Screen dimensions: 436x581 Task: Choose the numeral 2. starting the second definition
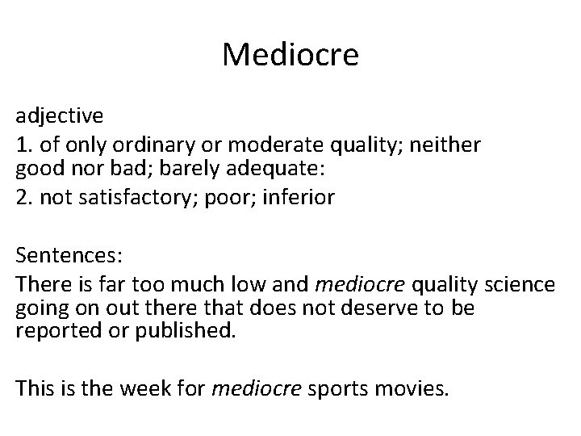tap(23, 196)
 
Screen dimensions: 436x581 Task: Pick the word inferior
tap(303, 196)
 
